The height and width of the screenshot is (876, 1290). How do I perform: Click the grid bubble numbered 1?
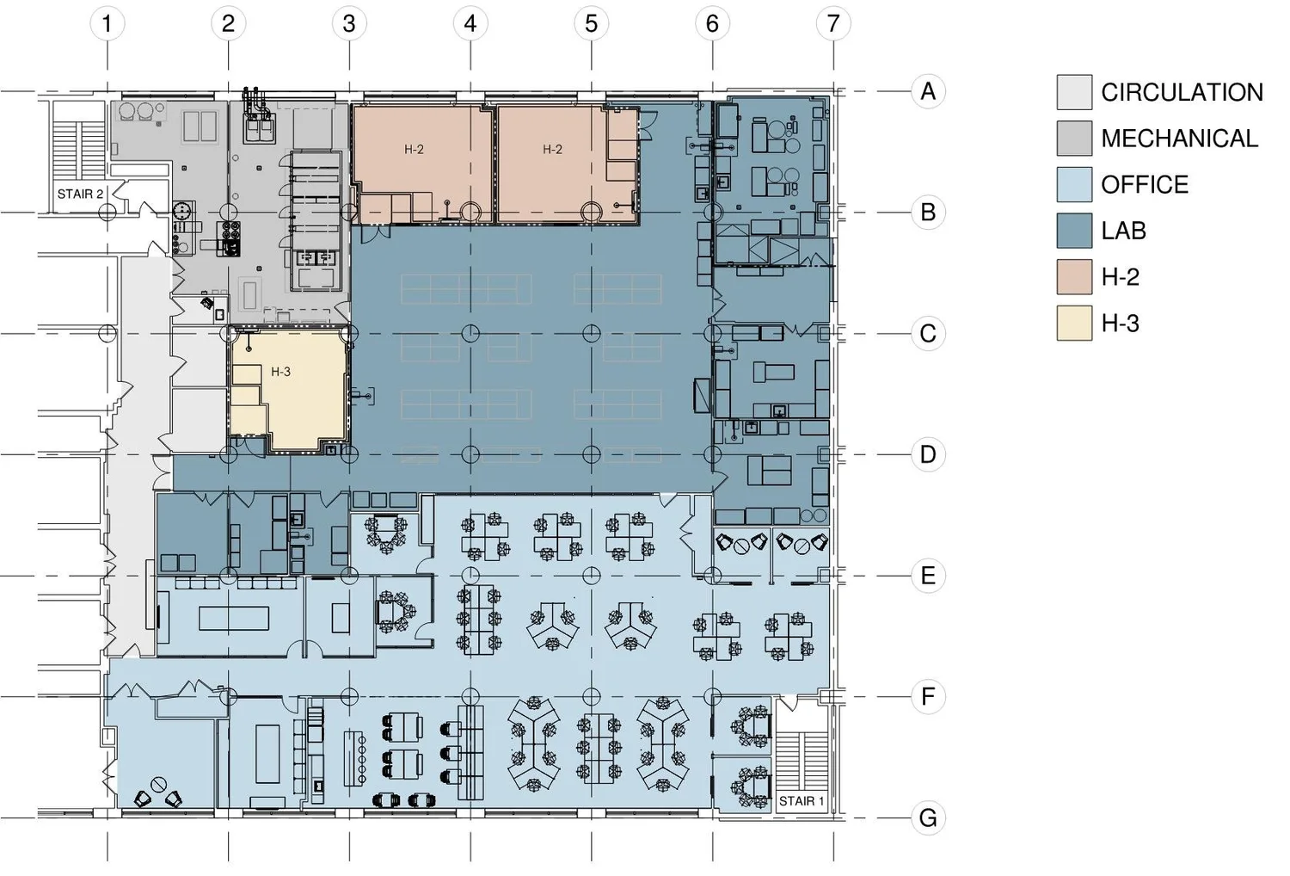(x=107, y=23)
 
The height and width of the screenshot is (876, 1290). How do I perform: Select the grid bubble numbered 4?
(x=470, y=23)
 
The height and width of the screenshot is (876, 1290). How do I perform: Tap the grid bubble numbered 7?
(x=832, y=23)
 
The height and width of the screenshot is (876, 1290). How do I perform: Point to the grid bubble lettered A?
(x=927, y=91)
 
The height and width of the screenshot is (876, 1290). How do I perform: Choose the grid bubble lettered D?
(x=927, y=454)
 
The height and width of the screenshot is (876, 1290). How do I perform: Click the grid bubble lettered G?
(x=927, y=817)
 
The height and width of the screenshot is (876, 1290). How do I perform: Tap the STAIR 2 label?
(x=80, y=194)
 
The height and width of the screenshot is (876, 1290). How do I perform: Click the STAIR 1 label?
(x=801, y=801)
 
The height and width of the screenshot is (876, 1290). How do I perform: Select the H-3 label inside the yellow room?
(x=280, y=372)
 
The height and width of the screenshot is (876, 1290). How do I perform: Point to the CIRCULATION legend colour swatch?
(x=1074, y=92)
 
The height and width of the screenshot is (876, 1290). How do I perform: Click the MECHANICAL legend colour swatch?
(x=1074, y=139)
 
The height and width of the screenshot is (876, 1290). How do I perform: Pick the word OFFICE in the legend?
(x=1144, y=185)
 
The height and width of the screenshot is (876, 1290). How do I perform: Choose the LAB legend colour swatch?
(x=1074, y=231)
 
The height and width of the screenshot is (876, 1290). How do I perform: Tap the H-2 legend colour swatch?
(x=1074, y=277)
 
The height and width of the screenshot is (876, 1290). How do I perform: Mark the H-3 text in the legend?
(x=1120, y=324)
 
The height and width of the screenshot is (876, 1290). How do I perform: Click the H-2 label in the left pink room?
(x=414, y=149)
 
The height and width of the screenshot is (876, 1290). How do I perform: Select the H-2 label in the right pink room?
(x=552, y=149)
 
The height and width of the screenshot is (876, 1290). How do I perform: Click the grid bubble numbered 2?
(x=228, y=23)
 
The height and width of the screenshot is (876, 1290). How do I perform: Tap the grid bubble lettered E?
(x=927, y=575)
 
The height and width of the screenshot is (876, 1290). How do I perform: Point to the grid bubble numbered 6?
(x=711, y=23)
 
